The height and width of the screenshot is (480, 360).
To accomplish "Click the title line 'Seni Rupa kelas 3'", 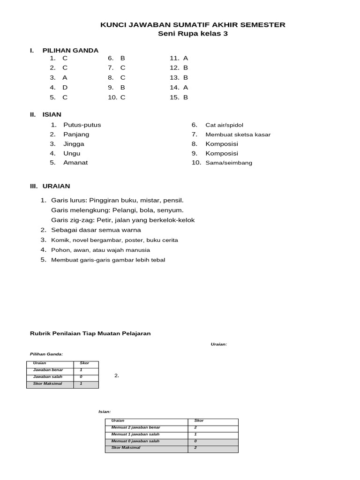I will click(193, 34).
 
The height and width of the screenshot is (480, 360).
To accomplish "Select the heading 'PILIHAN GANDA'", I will click(70, 50).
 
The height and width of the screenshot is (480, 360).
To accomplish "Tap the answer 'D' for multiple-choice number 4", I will click(65, 88).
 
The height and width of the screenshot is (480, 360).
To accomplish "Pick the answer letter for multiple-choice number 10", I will click(123, 97).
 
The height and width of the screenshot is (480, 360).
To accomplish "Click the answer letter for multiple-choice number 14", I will click(186, 88).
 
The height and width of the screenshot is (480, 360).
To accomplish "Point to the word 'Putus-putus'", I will click(82, 125).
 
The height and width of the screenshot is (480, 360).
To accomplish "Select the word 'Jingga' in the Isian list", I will click(74, 144).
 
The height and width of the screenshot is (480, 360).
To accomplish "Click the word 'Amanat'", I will click(75, 163).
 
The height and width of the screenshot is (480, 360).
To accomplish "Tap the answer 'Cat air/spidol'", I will click(224, 125).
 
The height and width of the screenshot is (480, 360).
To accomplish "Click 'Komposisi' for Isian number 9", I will click(222, 153).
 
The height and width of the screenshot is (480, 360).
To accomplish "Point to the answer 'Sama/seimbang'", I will click(229, 163).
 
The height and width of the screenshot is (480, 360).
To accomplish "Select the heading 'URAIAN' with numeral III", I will click(59, 187).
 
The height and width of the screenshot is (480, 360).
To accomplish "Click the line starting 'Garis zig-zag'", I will click(123, 220).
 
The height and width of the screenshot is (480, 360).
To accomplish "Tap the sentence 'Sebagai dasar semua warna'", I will click(96, 230).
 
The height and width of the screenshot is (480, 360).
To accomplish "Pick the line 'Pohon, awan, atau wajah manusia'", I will click(100, 250).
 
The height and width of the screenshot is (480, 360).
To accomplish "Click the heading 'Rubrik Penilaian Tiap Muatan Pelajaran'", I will click(90, 333).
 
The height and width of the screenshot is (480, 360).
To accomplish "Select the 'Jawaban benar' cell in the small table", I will click(48, 370).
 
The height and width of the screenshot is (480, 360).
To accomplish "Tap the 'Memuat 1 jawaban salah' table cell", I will click(135, 434).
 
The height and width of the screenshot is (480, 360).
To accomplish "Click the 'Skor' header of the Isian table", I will click(199, 420).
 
